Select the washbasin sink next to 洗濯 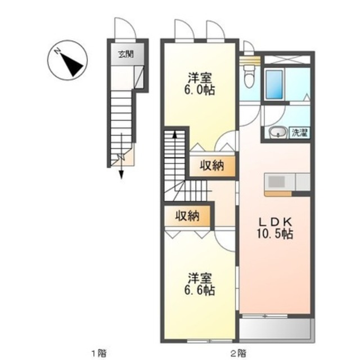(x=277, y=133)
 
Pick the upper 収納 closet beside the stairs (x=211, y=166)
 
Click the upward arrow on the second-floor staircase (x=174, y=135)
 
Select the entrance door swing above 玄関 (x=123, y=28)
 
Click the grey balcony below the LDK (x=276, y=329)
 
